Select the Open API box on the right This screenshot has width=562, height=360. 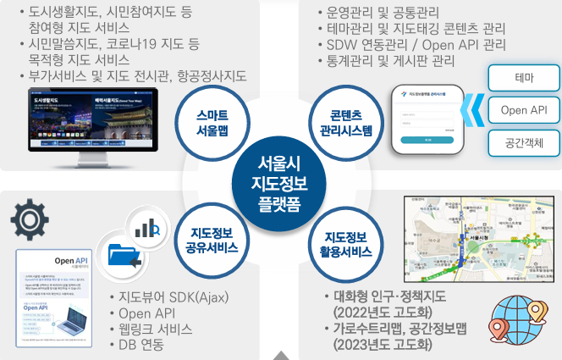[524, 110]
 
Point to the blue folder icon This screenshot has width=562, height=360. [118, 256]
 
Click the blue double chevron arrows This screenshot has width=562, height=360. [475, 110]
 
